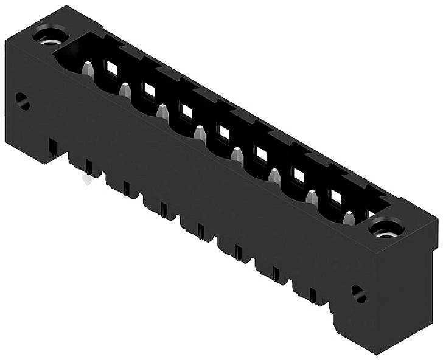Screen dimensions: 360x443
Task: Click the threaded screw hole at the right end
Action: pos(385,229)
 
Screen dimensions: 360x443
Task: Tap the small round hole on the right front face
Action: pos(358,294)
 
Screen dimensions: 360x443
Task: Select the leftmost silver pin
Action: pos(88,69)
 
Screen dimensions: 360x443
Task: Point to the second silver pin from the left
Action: pos(125,91)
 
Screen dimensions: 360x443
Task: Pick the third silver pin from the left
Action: pos(162,112)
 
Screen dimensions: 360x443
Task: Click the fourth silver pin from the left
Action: pos(200,133)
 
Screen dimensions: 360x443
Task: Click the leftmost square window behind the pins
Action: pos(111,69)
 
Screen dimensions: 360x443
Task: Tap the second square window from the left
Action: pos(149,90)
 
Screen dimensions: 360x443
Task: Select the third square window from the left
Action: pos(186,111)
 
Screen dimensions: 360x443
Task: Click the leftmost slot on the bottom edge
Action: pos(53,147)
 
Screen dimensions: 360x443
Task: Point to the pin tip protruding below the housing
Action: pos(88,179)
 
